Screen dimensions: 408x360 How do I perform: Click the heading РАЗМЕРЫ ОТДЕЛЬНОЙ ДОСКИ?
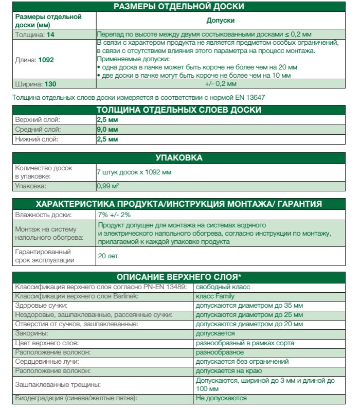coord(178,7)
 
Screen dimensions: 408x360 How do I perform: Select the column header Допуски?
coord(220,21)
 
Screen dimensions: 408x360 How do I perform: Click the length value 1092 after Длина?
coord(46,60)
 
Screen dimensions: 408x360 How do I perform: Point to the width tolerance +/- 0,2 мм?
coord(220,83)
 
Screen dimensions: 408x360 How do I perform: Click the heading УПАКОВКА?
coord(178,157)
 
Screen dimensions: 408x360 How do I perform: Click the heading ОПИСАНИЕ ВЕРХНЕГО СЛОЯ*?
coord(178,277)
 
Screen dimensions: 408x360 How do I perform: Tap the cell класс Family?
coord(214,296)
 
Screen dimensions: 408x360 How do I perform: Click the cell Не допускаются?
coord(221,398)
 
